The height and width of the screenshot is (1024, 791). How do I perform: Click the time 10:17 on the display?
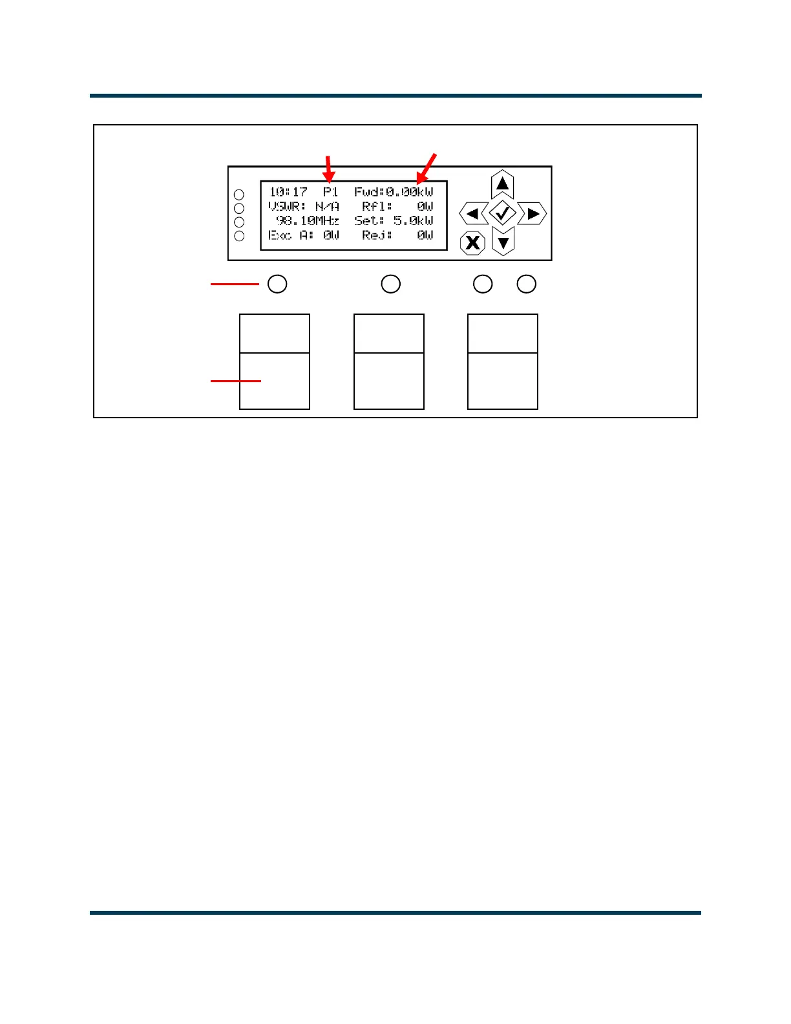[288, 192]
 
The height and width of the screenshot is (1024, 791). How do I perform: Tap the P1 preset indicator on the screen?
[331, 192]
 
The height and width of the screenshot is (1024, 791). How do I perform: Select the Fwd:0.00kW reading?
[394, 192]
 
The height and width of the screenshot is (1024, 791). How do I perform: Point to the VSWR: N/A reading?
[304, 206]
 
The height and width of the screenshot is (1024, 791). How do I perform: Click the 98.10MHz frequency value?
[308, 220]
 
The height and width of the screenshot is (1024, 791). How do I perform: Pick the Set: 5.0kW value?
[394, 220]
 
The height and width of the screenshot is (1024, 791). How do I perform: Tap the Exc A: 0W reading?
[304, 235]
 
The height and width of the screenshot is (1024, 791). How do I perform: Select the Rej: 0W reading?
[397, 235]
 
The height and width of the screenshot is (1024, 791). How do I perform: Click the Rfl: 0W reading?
[397, 206]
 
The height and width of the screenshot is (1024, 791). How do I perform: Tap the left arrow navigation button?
[473, 213]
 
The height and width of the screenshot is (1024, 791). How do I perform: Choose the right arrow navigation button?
[533, 213]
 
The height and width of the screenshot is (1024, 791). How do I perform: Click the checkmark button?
[503, 213]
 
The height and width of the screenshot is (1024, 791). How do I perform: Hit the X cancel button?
[473, 243]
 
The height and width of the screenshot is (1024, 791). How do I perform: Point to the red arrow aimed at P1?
[329, 169]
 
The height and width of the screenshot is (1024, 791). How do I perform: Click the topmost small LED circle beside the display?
[239, 195]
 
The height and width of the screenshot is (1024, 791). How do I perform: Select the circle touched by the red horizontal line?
[277, 284]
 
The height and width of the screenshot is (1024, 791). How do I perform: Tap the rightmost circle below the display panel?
[527, 284]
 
